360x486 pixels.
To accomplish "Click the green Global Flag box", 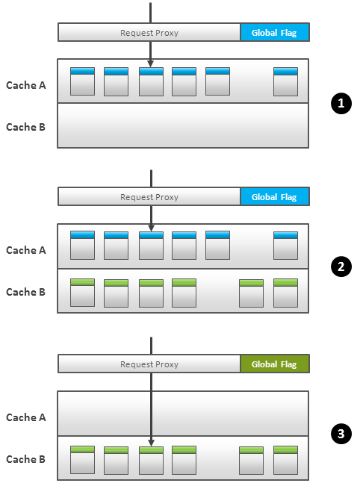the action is pyautogui.click(x=275, y=364).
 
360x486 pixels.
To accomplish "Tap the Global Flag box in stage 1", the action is pyautogui.click(x=275, y=32).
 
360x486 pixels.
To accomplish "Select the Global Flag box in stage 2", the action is pyautogui.click(x=275, y=196).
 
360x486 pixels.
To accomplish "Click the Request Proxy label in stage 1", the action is pyautogui.click(x=149, y=33).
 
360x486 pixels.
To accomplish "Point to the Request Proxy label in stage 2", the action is pyautogui.click(x=149, y=197).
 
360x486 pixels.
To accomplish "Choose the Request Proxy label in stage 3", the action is pyautogui.click(x=149, y=364).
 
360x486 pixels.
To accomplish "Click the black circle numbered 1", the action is pyautogui.click(x=341, y=103).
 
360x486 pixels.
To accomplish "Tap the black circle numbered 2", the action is pyautogui.click(x=341, y=267).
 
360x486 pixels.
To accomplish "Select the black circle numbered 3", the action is pyautogui.click(x=341, y=433).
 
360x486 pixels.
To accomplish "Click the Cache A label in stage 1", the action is pyautogui.click(x=26, y=85).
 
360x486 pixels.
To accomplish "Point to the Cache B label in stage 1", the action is pyautogui.click(x=25, y=127).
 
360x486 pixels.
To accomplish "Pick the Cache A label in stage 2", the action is pyautogui.click(x=26, y=250).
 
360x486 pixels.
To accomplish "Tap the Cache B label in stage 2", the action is pyautogui.click(x=25, y=292).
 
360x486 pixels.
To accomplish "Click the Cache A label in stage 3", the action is pyautogui.click(x=26, y=417).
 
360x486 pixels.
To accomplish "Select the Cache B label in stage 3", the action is pyautogui.click(x=25, y=459).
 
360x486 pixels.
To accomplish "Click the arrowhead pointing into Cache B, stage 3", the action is pyautogui.click(x=151, y=443).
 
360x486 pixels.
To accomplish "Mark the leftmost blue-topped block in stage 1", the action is pyautogui.click(x=82, y=81).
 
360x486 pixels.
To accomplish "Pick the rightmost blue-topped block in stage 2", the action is pyautogui.click(x=285, y=245).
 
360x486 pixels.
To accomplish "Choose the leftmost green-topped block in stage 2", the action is pyautogui.click(x=82, y=293).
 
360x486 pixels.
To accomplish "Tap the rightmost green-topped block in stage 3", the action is pyautogui.click(x=285, y=460).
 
